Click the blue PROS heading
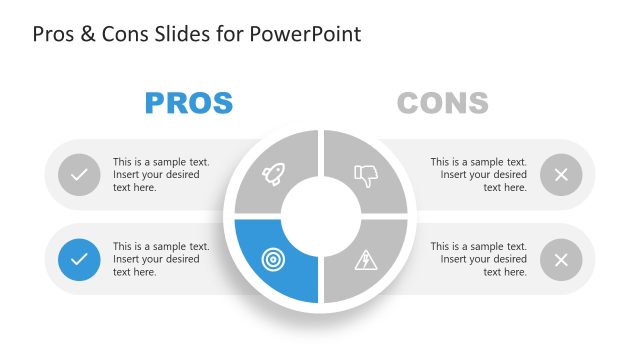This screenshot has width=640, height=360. click(189, 103)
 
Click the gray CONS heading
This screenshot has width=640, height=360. click(443, 103)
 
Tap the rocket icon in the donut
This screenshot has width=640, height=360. click(273, 176)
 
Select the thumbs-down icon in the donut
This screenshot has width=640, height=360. click(366, 176)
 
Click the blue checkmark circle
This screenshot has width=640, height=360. click(79, 260)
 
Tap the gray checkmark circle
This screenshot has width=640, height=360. click(79, 175)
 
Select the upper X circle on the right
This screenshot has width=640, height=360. click(561, 175)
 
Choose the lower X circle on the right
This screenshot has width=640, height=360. click(561, 260)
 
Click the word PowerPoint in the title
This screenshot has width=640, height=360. click(311, 34)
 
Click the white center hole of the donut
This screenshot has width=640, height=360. click(320, 216)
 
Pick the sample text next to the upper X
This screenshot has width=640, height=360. click(479, 174)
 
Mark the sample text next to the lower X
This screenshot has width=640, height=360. click(479, 259)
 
